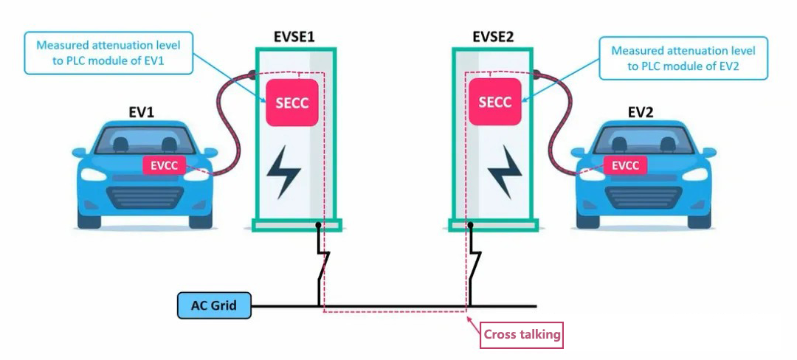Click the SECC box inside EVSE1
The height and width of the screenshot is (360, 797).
(291, 103)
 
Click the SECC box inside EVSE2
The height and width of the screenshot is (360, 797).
(494, 103)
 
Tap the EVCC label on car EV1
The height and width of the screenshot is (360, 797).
(164, 165)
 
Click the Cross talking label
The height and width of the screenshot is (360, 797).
(522, 335)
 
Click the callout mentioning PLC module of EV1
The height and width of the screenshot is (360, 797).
(108, 54)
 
